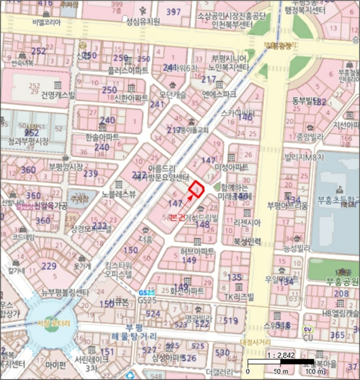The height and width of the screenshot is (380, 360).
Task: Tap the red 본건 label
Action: pyautogui.click(x=178, y=217)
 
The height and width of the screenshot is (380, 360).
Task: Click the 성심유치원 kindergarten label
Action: pyautogui.click(x=143, y=22)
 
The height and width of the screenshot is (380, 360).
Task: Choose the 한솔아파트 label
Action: pyautogui.click(x=102, y=137)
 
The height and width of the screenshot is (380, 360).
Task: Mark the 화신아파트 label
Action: pyautogui.click(x=187, y=291)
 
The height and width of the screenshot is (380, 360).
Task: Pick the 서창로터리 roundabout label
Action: pyautogui.click(x=54, y=323)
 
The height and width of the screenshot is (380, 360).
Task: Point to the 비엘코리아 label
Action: pyautogui.click(x=47, y=22)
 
